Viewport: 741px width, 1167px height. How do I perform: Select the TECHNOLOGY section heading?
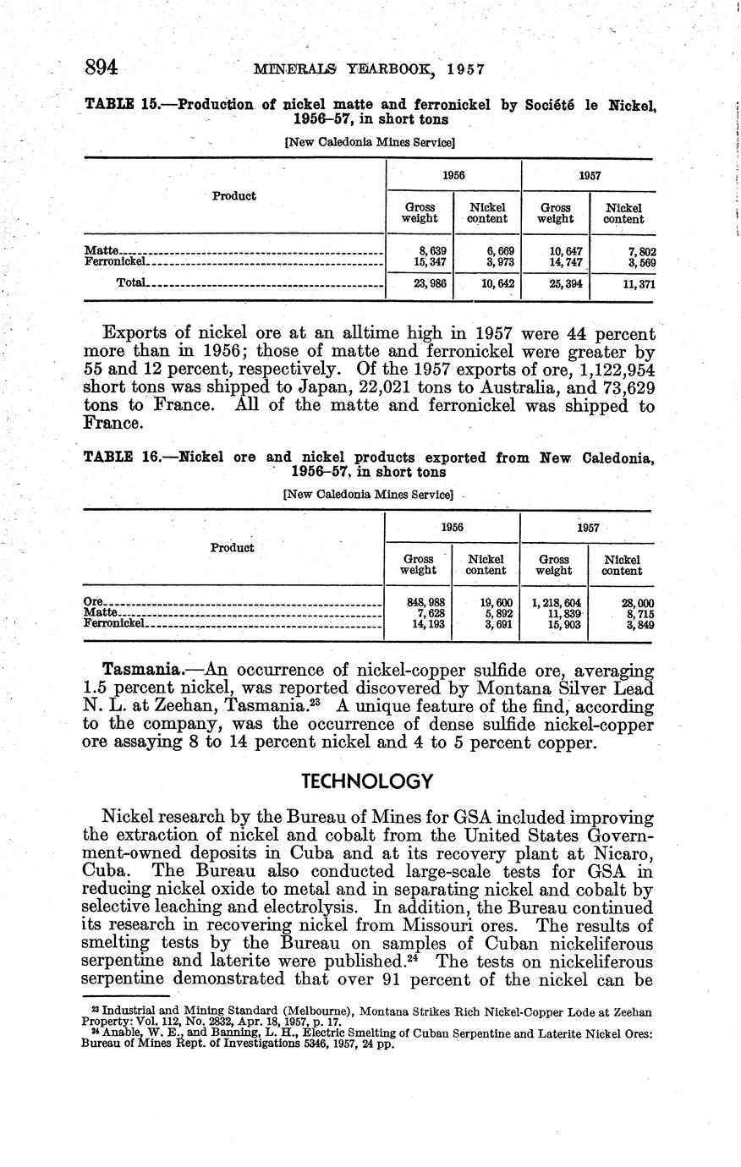pyautogui.click(x=368, y=781)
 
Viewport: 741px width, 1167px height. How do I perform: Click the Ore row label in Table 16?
pyautogui.click(x=92, y=602)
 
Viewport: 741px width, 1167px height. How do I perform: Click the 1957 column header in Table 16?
pyautogui.click(x=588, y=527)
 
